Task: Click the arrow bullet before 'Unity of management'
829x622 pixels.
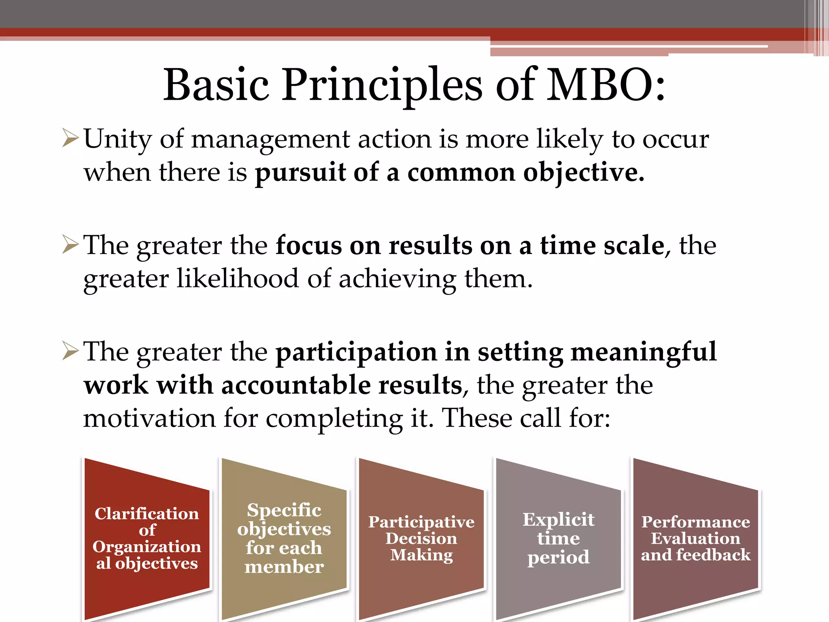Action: tap(70, 138)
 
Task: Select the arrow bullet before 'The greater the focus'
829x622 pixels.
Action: tap(70, 245)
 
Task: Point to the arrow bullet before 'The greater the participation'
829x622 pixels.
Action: tap(70, 351)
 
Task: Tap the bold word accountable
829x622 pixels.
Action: tap(296, 385)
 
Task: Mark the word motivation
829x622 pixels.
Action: tap(149, 418)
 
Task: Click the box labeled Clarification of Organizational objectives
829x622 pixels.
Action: tap(147, 539)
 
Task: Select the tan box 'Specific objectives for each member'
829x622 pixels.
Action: tap(284, 539)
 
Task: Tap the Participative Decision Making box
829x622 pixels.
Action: tap(421, 539)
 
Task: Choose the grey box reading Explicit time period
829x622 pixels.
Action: tap(558, 539)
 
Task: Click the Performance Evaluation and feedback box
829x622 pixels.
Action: tap(695, 539)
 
